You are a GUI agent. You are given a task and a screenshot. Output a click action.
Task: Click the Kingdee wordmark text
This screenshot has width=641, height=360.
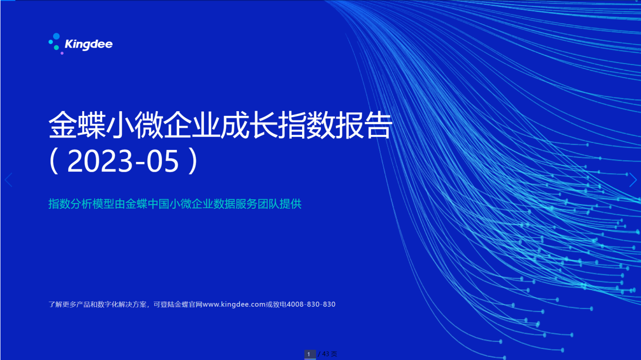(x=89, y=45)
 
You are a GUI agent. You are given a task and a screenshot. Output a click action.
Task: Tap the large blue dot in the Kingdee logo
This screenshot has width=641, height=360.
(x=56, y=36)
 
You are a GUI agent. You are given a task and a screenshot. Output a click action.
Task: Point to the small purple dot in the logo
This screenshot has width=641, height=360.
(x=62, y=53)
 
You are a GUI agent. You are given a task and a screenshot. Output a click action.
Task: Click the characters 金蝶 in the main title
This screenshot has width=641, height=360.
(x=77, y=125)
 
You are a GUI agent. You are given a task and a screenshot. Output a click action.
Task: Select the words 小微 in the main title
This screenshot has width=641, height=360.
(x=134, y=125)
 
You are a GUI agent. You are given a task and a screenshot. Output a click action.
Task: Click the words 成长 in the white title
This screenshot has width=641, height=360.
(x=249, y=125)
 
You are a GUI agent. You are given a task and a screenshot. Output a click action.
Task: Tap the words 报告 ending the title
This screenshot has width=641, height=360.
(x=363, y=125)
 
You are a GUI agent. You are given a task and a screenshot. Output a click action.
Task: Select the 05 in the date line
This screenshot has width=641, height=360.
(x=162, y=161)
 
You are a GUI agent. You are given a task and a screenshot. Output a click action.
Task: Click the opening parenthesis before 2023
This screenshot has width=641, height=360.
(x=54, y=161)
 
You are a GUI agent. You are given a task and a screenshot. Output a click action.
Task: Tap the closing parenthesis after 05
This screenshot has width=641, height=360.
(x=193, y=161)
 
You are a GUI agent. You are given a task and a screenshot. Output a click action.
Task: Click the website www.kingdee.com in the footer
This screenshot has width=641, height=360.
(x=234, y=304)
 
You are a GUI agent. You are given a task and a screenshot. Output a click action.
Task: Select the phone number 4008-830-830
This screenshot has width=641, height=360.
(x=311, y=304)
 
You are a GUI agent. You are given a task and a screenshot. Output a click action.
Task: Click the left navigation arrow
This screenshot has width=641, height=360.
(x=8, y=180)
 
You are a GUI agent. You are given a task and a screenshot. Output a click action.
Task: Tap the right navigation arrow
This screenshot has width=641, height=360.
(x=633, y=180)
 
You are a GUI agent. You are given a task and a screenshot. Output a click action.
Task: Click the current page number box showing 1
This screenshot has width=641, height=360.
(x=310, y=354)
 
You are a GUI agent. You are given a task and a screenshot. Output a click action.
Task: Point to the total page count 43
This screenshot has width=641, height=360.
(x=325, y=354)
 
